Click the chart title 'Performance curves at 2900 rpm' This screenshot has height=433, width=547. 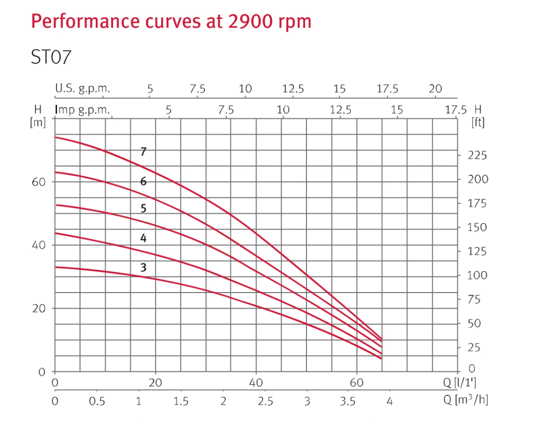[171, 21]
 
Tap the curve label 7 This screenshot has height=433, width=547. [143, 152]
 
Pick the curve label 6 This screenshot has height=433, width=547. [143, 181]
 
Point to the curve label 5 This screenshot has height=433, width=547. [143, 209]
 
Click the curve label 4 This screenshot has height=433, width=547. [143, 238]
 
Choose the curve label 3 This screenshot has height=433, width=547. [143, 268]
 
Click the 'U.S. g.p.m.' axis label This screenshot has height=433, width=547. [82, 88]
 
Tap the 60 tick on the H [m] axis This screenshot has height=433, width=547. [39, 182]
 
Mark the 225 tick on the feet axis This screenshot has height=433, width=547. [477, 156]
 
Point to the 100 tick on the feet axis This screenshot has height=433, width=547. [477, 276]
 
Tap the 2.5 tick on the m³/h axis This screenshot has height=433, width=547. [266, 401]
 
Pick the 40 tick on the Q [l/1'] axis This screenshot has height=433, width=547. [256, 383]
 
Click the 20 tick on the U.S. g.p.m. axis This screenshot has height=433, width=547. [435, 88]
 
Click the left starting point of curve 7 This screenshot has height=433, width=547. [55, 137]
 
